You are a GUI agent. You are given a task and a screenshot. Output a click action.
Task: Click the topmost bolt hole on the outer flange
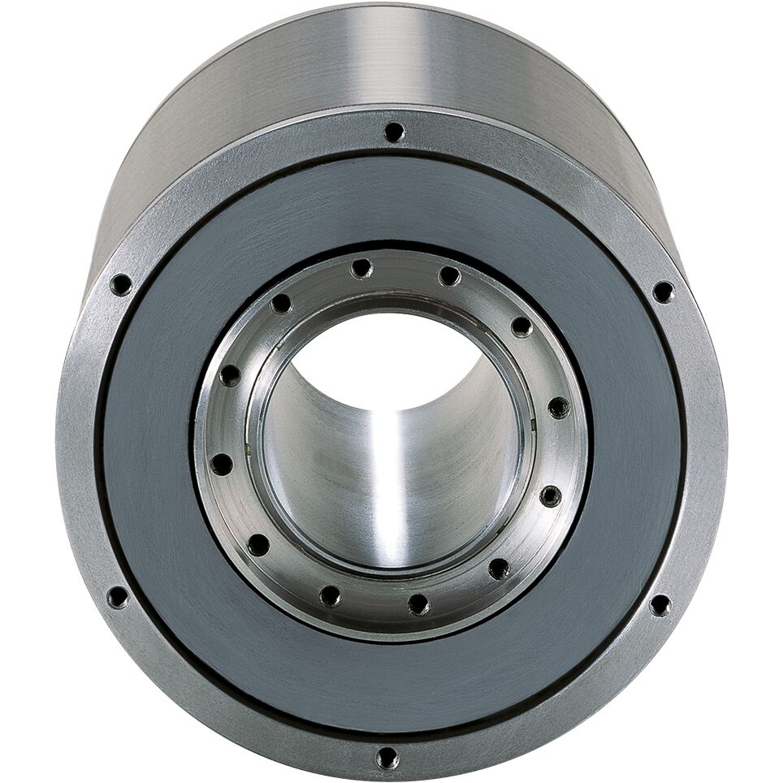(x=394, y=132)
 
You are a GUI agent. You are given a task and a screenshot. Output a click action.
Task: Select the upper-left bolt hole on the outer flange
(x=121, y=284)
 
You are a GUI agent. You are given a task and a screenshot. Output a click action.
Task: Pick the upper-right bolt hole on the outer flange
(x=663, y=292)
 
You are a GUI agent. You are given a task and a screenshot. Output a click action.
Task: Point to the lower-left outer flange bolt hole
(x=118, y=598)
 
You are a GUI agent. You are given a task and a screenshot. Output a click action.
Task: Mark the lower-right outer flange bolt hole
(x=660, y=604)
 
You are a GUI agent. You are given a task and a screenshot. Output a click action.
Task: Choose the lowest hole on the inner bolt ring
(x=418, y=603)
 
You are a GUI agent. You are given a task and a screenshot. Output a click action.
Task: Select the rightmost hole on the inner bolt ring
(x=559, y=408)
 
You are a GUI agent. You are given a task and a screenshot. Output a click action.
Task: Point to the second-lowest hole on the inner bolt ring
(x=331, y=596)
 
